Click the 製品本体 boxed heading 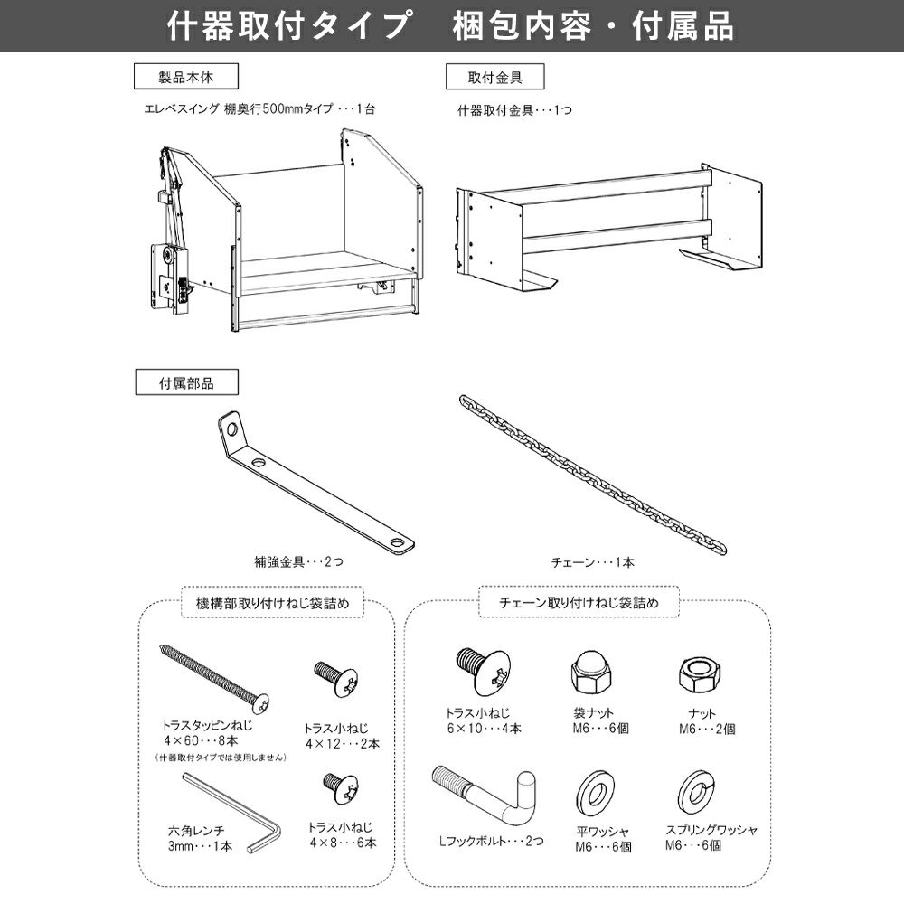(x=185, y=77)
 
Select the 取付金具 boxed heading (x=494, y=77)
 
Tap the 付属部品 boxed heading (x=186, y=382)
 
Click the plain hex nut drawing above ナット (x=700, y=674)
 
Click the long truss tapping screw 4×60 (x=213, y=679)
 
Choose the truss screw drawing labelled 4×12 (x=336, y=681)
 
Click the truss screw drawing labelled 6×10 (x=483, y=672)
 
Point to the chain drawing (x=592, y=474)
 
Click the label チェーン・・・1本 (x=593, y=562)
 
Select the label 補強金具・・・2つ (x=298, y=561)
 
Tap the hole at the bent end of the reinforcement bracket (x=231, y=428)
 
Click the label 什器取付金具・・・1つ (x=515, y=110)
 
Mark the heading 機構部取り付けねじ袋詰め (x=273, y=603)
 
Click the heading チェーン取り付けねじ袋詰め (x=579, y=602)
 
